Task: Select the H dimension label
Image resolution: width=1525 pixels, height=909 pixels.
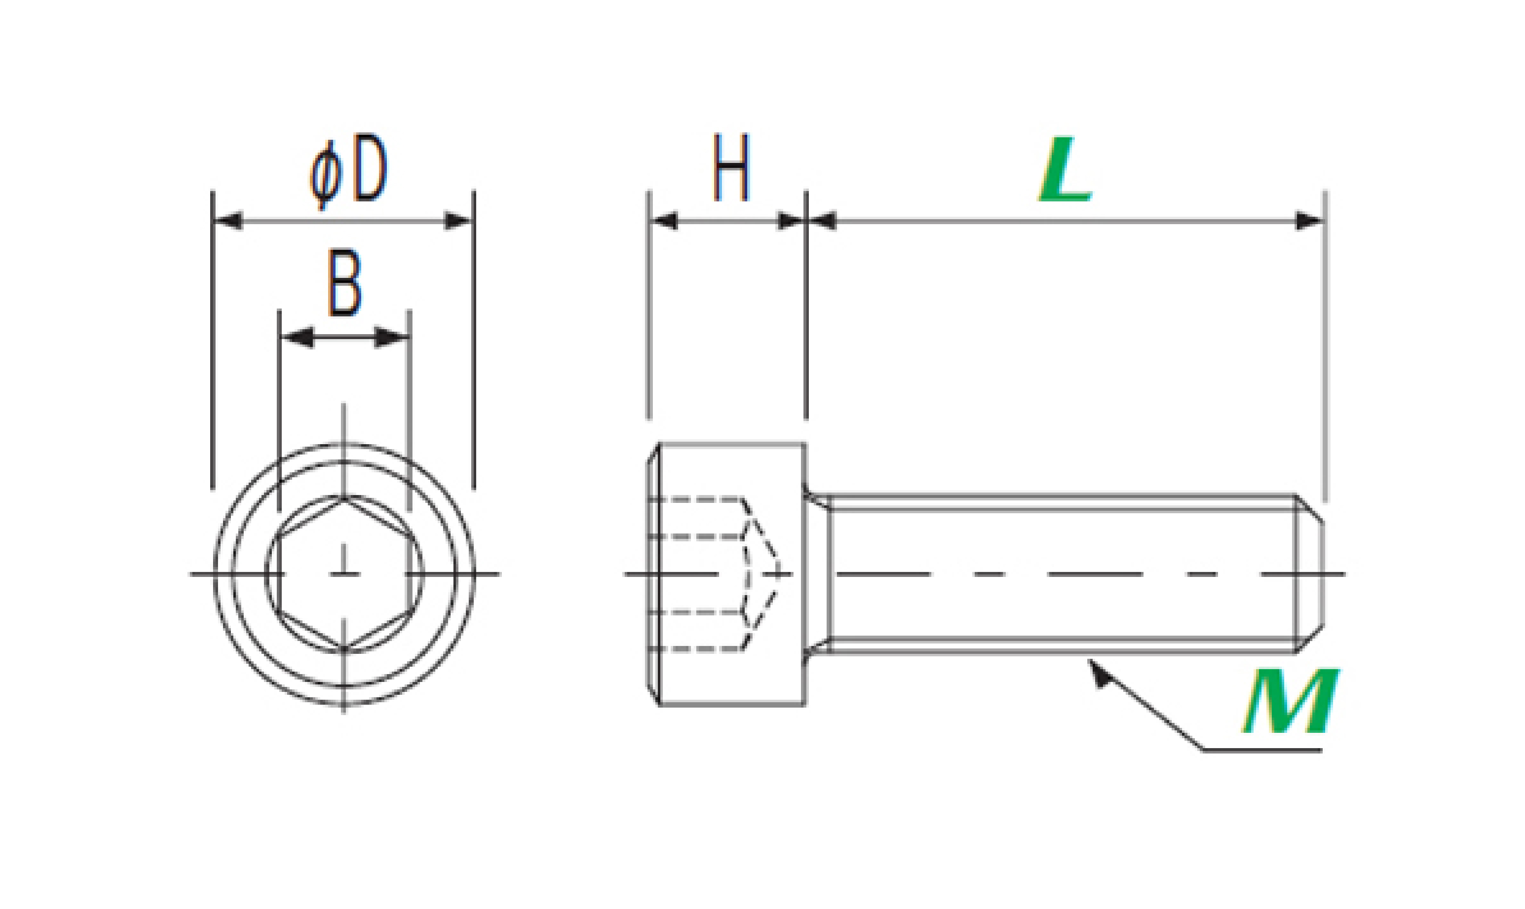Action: click(731, 167)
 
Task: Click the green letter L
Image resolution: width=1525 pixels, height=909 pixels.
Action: click(1065, 169)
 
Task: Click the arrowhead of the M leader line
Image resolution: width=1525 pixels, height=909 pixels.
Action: click(1098, 674)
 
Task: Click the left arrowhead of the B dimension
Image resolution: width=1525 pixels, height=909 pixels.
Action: click(297, 337)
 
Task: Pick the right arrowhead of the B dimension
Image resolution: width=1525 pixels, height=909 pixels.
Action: click(391, 337)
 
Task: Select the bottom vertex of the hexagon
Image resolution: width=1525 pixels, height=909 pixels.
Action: click(344, 648)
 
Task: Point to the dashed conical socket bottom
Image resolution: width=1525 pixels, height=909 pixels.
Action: click(762, 574)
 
